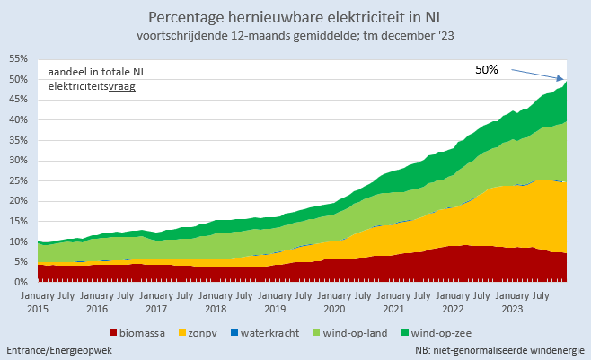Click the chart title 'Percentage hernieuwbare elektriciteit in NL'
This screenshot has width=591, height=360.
[295, 17]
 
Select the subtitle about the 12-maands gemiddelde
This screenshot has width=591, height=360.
[295, 36]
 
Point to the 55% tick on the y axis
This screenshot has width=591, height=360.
[17, 58]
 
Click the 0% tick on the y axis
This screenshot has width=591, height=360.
[20, 282]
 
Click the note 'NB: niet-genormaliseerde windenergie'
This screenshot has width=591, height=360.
[500, 349]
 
